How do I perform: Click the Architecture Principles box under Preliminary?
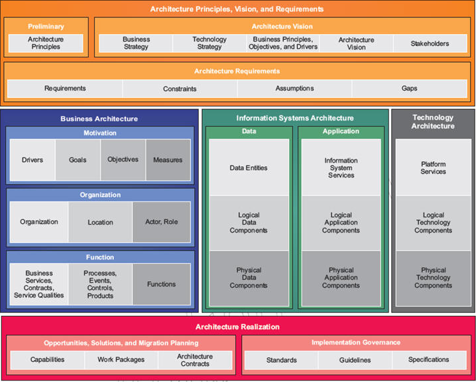point(45,43)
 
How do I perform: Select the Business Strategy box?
point(136,43)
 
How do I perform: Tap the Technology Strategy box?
point(209,43)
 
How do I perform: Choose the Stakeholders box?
point(430,43)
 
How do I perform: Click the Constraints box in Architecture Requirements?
point(179,89)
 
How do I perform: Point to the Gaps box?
point(409,89)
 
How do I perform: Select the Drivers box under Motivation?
point(32,160)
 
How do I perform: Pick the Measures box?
point(168,160)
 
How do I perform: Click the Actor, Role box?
point(161,222)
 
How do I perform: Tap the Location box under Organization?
point(101,222)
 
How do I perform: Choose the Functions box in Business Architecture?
point(161,284)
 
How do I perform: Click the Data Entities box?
point(249,168)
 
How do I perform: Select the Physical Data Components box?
point(249,278)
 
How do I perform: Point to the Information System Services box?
point(341,168)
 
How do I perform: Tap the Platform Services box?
point(433,168)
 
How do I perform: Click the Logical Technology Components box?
point(433,223)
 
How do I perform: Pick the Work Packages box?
point(121,360)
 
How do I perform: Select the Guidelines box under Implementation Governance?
point(354,360)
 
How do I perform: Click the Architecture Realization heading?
point(237,327)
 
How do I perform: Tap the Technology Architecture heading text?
point(433,121)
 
